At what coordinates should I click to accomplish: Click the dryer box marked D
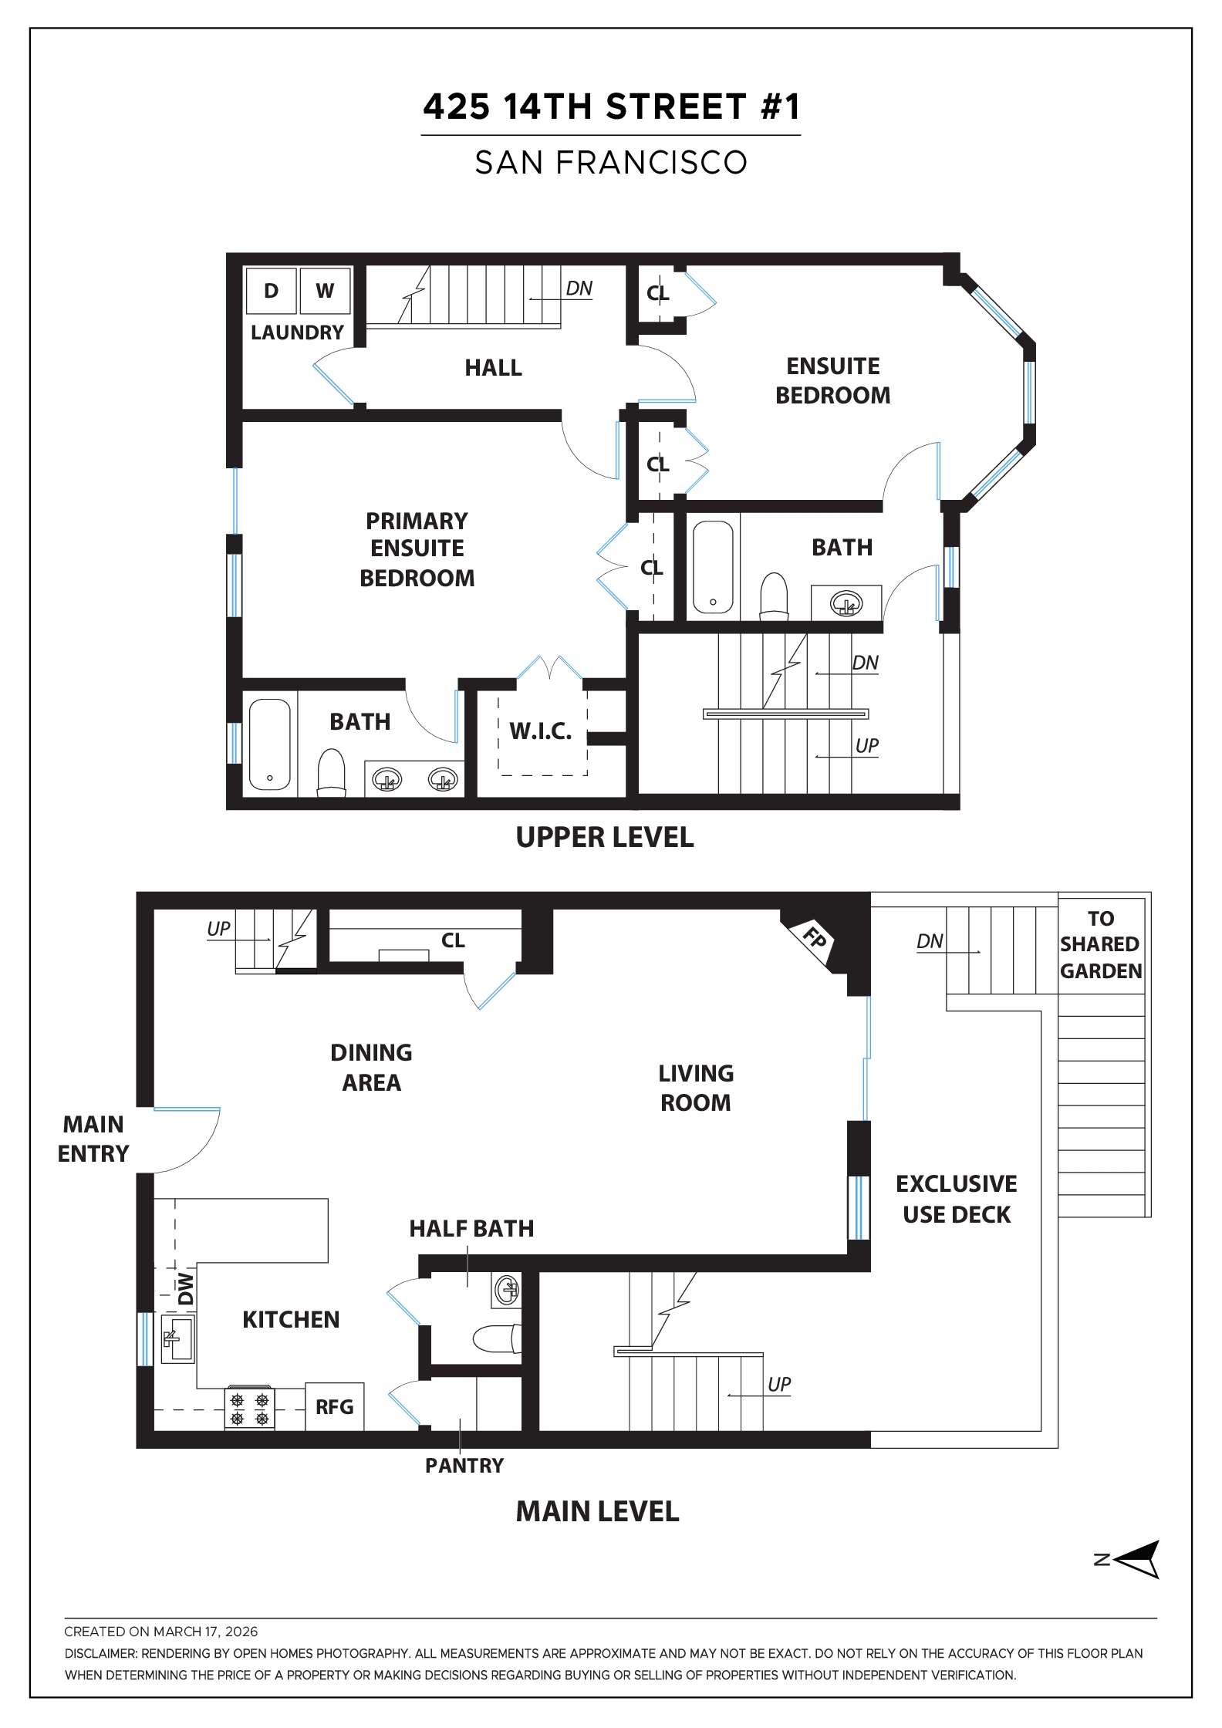[271, 290]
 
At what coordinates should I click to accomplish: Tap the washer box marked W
[325, 290]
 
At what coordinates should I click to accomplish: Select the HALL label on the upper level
[493, 367]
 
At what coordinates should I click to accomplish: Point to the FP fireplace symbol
[813, 939]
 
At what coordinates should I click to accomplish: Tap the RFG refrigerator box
[334, 1406]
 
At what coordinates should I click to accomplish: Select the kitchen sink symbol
[177, 1340]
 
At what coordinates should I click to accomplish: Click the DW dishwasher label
[185, 1289]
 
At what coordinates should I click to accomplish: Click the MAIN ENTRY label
[93, 1139]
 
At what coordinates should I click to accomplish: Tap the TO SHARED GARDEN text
[1100, 944]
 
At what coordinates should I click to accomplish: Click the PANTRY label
[464, 1465]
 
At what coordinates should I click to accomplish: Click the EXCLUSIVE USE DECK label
[956, 1199]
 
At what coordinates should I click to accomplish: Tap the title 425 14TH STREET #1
[611, 106]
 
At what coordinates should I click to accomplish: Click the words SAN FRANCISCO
[611, 163]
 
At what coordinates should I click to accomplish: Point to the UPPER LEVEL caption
[604, 837]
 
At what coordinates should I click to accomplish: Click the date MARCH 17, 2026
[205, 1632]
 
